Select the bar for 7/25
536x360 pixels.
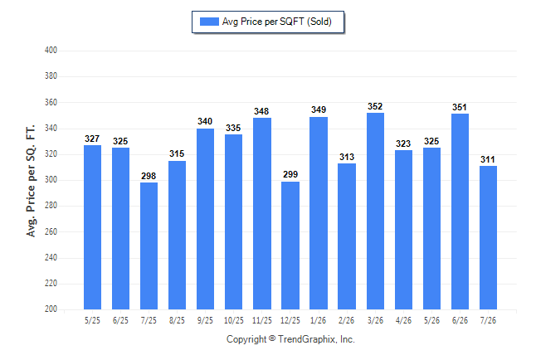click(x=149, y=246)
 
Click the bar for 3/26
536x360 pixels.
click(x=375, y=211)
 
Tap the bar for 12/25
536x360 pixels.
click(x=290, y=246)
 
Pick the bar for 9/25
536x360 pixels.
click(x=205, y=219)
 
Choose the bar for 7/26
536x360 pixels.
click(x=488, y=237)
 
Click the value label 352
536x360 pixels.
click(x=375, y=106)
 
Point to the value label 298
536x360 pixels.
click(x=149, y=176)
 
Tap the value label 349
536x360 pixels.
click(x=319, y=109)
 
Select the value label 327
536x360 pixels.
click(x=92, y=139)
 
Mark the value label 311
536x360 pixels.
click(x=487, y=159)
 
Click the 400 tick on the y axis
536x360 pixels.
click(x=51, y=51)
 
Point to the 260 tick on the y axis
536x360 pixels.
click(x=51, y=231)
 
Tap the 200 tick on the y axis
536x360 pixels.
click(x=51, y=309)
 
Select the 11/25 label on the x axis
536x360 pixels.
click(x=262, y=320)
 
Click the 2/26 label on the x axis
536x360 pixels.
click(x=346, y=320)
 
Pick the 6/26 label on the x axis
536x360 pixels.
click(x=460, y=320)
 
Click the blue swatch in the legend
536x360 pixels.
click(x=209, y=22)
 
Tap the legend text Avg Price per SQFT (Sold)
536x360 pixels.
click(x=277, y=22)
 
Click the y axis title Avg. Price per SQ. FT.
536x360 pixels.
click(x=31, y=181)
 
